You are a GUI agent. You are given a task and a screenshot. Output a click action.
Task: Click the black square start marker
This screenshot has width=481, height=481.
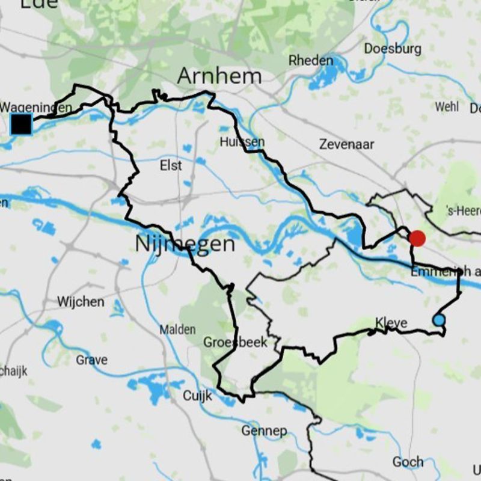click(x=21, y=124)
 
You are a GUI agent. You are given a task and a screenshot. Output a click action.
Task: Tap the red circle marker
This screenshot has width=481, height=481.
click(x=417, y=238)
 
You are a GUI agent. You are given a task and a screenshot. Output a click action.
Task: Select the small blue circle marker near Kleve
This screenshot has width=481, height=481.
click(x=440, y=320)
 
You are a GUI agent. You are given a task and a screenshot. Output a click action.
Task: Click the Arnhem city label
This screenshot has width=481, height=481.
click(x=219, y=76)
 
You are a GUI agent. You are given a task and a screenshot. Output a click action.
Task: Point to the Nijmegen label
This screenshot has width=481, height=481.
click(x=185, y=244)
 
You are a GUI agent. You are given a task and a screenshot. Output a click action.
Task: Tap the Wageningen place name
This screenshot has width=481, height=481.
click(x=37, y=108)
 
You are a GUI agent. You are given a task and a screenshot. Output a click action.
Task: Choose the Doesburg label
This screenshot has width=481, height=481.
click(x=393, y=49)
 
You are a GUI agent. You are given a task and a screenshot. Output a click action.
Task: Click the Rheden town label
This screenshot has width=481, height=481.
click(x=311, y=61)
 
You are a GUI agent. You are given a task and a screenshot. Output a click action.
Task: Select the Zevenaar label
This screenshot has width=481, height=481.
click(x=347, y=144)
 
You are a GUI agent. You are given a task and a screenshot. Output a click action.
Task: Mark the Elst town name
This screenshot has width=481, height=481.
click(x=171, y=165)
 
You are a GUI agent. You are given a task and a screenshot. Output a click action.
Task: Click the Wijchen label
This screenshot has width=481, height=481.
click(x=81, y=301)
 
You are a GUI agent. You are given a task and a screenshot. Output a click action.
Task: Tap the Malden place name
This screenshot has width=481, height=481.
click(x=177, y=329)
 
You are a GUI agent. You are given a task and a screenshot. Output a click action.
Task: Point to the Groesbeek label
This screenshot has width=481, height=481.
click(x=235, y=342)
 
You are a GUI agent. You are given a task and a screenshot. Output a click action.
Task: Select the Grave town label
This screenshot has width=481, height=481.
click(x=92, y=360)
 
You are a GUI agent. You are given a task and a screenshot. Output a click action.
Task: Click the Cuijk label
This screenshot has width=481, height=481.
click(x=197, y=396)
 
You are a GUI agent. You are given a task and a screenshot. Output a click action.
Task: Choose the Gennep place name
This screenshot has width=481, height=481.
click(x=264, y=430)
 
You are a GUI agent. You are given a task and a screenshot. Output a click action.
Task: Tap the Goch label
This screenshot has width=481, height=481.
click(x=408, y=462)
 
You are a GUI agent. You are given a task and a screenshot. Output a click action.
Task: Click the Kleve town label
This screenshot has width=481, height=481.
click(x=391, y=323)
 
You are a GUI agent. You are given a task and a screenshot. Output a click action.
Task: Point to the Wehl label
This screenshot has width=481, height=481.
click(x=447, y=106)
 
